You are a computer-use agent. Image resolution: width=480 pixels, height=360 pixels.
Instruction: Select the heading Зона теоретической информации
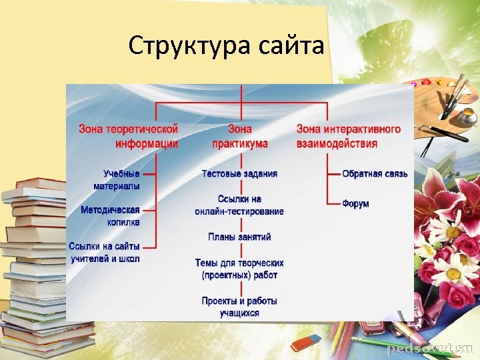point(129,136)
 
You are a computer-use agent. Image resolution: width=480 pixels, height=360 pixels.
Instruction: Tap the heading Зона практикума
point(240,136)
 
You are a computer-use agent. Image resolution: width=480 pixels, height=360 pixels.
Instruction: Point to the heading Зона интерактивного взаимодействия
point(348,136)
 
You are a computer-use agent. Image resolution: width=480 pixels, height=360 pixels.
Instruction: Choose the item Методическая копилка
point(111,216)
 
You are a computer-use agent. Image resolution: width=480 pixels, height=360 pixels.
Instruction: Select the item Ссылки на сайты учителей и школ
point(105,253)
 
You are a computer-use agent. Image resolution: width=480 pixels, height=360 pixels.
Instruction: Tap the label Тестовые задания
point(239,174)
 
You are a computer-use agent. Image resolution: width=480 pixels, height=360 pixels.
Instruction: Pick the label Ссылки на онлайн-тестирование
point(239,205)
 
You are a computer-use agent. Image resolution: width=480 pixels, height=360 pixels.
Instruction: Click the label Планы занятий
point(239,237)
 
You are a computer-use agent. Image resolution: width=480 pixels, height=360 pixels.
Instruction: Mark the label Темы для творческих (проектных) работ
point(239,269)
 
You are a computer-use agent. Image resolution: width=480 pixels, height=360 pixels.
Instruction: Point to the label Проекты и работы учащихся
point(239,307)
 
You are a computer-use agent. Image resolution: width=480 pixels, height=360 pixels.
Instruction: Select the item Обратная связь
point(375,174)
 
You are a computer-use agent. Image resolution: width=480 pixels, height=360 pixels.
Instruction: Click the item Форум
point(355,203)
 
